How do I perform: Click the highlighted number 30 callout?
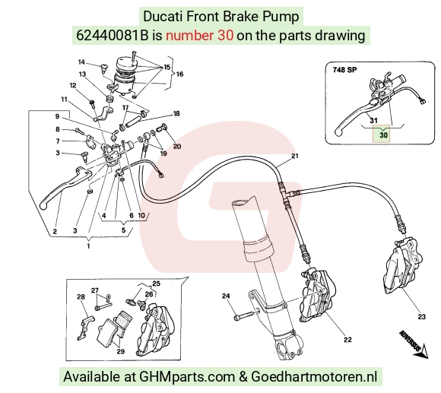[x=383, y=135]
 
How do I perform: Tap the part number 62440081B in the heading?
[x=112, y=36]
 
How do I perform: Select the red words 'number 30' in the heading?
[x=199, y=36]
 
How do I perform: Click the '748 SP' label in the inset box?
[x=344, y=69]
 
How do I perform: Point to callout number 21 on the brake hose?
[x=294, y=156]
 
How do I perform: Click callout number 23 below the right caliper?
[x=421, y=317]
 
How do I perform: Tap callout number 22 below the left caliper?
[x=347, y=340]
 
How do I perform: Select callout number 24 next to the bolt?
[x=226, y=296]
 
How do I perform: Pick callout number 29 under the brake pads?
[x=120, y=351]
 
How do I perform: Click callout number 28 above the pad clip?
[x=81, y=296]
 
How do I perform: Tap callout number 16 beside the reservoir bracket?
[x=179, y=74]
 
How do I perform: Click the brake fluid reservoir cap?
[x=125, y=64]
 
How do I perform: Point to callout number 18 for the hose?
[x=176, y=113]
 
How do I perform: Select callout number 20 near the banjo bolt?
[x=177, y=146]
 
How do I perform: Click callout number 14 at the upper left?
[x=81, y=62]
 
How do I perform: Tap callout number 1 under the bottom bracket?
[x=89, y=246]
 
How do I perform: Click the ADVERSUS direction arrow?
[x=414, y=345]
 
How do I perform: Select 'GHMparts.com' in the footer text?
[x=187, y=376]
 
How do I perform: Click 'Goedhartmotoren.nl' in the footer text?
[x=314, y=376]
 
